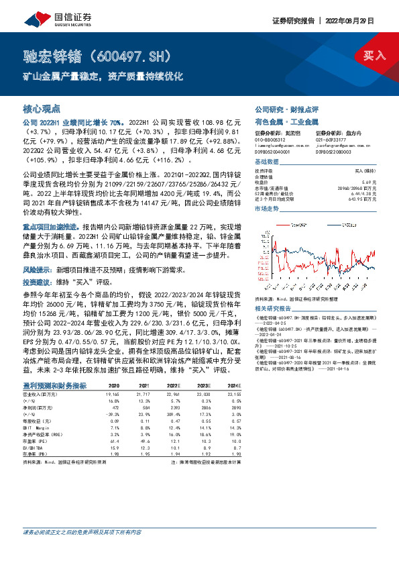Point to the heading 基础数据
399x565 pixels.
point(266,163)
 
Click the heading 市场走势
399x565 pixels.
point(266,209)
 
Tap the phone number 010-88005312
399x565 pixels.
point(271,140)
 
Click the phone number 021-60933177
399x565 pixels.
point(330,140)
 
